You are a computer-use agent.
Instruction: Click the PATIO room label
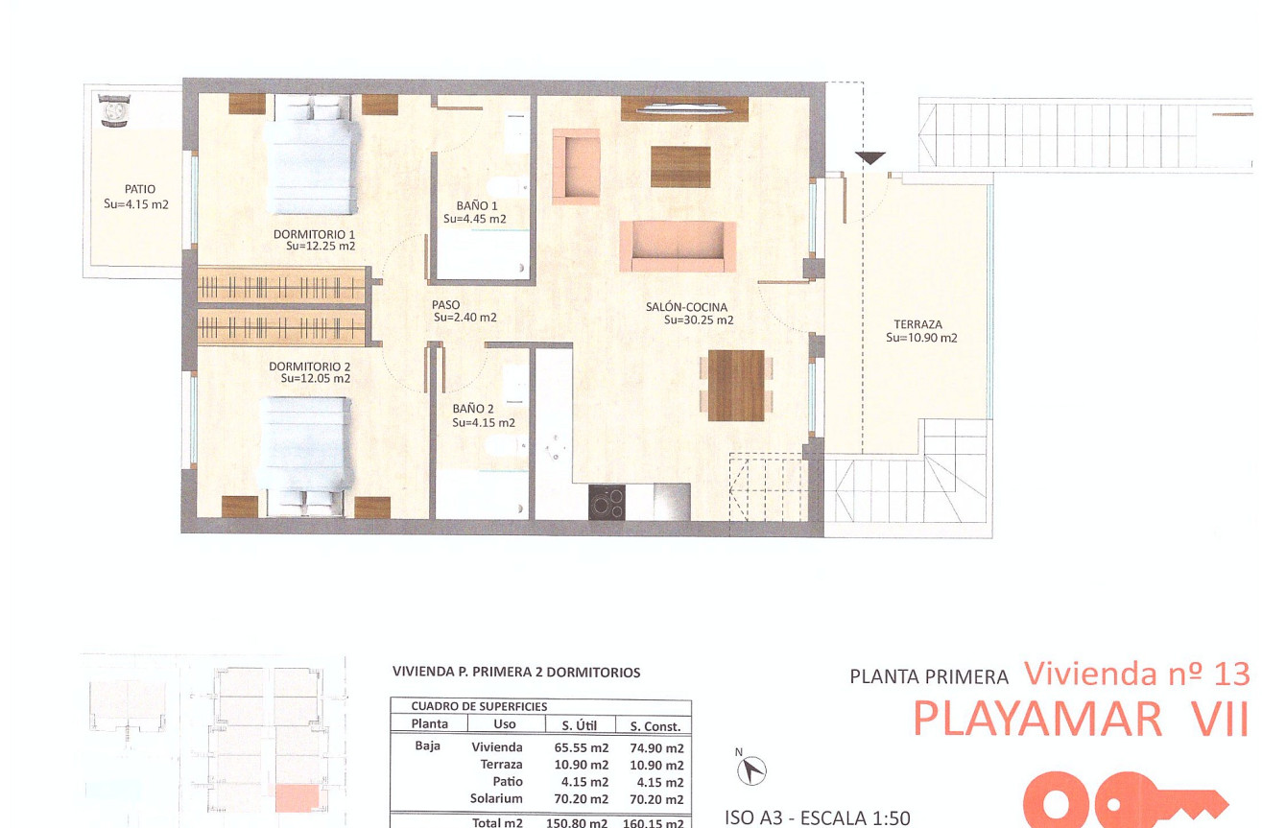[x=139, y=189]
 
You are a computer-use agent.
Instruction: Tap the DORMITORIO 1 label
[x=314, y=234]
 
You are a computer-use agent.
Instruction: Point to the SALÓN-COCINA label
[x=686, y=307]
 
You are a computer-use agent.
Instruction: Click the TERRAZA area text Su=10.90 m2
[x=921, y=338]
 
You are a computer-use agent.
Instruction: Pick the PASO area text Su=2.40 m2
[x=464, y=318]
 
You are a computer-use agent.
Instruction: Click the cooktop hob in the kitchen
[x=607, y=501]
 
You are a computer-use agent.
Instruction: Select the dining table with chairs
[x=735, y=385]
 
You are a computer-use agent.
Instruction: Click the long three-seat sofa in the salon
[x=678, y=246]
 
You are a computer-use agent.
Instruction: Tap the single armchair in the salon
[x=576, y=166]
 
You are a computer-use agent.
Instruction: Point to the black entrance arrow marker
[x=869, y=159]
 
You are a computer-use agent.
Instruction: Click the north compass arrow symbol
[x=755, y=768]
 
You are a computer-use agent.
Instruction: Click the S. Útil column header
[x=573, y=725]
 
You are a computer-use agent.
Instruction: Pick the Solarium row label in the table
[x=496, y=798]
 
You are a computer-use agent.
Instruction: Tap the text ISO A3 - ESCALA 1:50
[x=816, y=818]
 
